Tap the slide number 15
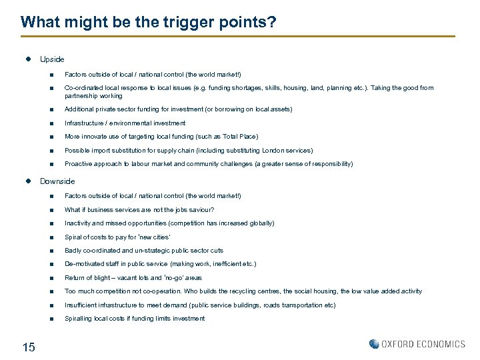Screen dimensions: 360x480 pos(29,346)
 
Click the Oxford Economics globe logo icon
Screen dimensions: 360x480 pos(374,344)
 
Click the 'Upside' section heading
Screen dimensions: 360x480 pos(52,59)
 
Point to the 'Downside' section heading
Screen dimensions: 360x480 pos(57,181)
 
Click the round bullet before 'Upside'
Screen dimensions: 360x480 pos(28,59)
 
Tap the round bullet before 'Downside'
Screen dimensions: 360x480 pos(28,181)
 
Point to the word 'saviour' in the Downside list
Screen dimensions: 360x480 pos(181,210)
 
